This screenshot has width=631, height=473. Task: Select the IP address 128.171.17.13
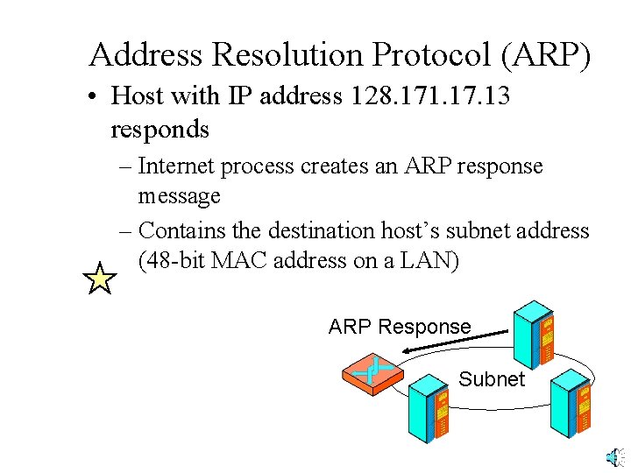[429, 95]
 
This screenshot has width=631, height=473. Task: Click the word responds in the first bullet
[160, 129]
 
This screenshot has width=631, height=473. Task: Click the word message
[179, 195]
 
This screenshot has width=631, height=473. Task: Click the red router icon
[372, 372]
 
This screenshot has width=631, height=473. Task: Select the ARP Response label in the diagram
[400, 327]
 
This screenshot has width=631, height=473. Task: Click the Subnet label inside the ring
[491, 379]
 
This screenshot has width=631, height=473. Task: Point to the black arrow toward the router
[456, 342]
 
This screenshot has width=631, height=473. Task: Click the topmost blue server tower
[535, 333]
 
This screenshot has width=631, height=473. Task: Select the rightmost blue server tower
[573, 403]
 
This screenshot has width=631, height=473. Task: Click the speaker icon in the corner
[615, 456]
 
